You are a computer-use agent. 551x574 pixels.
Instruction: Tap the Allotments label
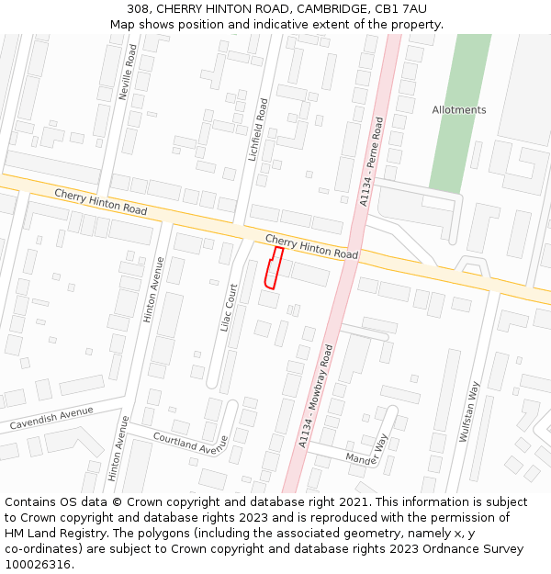(459, 110)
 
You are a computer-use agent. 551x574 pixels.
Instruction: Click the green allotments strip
(458, 138)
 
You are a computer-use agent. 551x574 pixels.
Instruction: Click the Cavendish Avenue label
(51, 418)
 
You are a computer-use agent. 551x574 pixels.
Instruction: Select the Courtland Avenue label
(189, 443)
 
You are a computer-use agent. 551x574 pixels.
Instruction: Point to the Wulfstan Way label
(471, 413)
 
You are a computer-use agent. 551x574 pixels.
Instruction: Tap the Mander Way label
(367, 451)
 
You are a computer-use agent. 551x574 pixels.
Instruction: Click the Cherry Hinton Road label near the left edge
(100, 202)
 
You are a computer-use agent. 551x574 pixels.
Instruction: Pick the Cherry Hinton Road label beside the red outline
(311, 246)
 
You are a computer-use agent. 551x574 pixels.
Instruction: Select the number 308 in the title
(139, 9)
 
